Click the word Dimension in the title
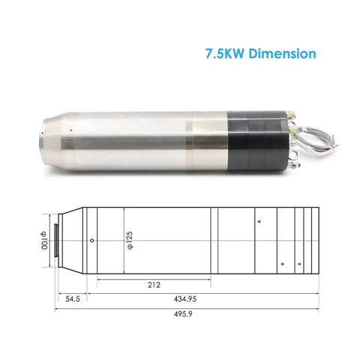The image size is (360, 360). pos(282,53)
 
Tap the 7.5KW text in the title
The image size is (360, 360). pos(224,53)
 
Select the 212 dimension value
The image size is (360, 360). pos(154,285)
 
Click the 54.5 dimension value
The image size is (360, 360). pos(73,298)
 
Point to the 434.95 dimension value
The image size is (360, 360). pos(185,298)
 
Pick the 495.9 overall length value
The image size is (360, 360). pos(183,314)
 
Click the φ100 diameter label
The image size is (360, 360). pos(43,241)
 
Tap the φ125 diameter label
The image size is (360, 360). pos(130,241)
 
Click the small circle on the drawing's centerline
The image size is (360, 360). pos(92,241)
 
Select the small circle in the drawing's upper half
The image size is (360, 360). pos(259,221)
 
